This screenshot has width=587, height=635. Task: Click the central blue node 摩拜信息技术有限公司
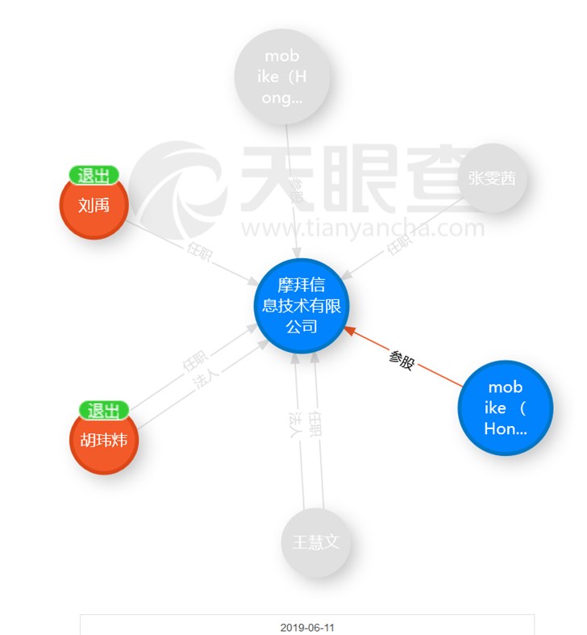pyautogui.click(x=301, y=307)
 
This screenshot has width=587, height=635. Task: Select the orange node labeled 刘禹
pyautogui.click(x=94, y=205)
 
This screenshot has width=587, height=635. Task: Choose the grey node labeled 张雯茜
pyautogui.click(x=492, y=178)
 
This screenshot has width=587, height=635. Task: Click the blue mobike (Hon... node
pyautogui.click(x=506, y=407)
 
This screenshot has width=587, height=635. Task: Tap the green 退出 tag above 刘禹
pyautogui.click(x=94, y=175)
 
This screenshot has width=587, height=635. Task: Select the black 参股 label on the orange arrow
pyautogui.click(x=402, y=360)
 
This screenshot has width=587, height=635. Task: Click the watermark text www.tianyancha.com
pyautogui.click(x=363, y=229)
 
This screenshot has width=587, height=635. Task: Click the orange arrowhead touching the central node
pyautogui.click(x=349, y=330)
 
